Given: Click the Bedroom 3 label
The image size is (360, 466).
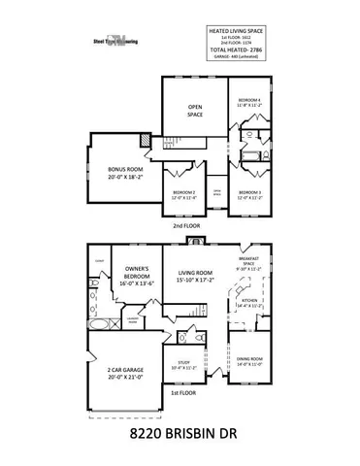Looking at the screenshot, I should pos(251,195).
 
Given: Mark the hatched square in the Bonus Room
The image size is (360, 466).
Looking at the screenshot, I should pos(145,142).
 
